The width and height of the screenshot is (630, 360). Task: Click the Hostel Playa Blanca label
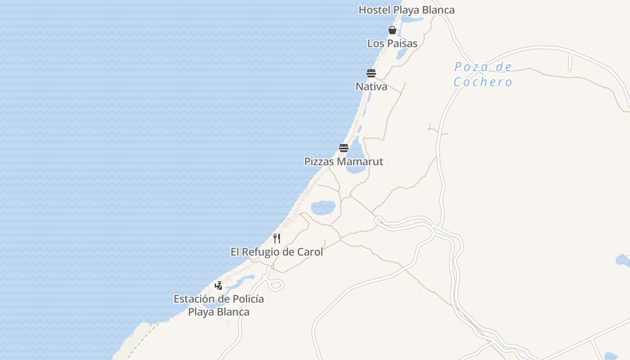click(x=406, y=10)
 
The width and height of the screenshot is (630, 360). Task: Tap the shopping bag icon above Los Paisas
click(x=392, y=30)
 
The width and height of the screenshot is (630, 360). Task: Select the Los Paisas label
click(x=392, y=44)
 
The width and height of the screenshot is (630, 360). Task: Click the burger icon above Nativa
click(x=371, y=73)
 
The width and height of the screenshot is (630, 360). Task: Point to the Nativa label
click(x=371, y=86)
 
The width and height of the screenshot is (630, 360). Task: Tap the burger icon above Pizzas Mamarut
click(x=344, y=148)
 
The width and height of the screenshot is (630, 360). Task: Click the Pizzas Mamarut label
click(x=344, y=162)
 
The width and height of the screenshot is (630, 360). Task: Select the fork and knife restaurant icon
click(x=277, y=238)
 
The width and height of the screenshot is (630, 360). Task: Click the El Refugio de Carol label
click(x=277, y=252)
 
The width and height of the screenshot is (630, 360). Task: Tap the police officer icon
click(x=219, y=285)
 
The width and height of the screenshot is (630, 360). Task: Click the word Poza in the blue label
click(x=470, y=67)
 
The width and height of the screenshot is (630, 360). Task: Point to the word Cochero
click(x=483, y=82)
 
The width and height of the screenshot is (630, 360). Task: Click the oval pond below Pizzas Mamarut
click(x=323, y=207)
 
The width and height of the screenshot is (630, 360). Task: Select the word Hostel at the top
click(x=374, y=10)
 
